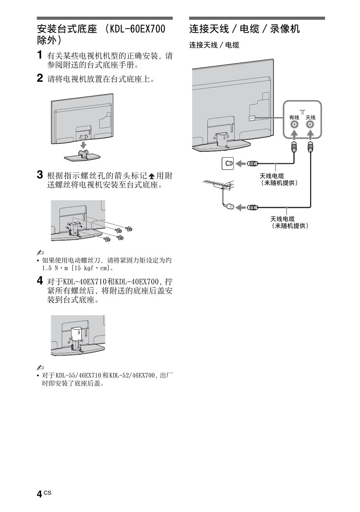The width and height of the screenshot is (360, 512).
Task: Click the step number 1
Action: pyautogui.click(x=40, y=55)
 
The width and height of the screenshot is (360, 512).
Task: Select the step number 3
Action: pyautogui.click(x=40, y=175)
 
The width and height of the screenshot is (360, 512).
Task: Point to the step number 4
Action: pyautogui.click(x=40, y=280)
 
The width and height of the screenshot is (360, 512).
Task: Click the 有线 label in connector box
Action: pyautogui.click(x=294, y=118)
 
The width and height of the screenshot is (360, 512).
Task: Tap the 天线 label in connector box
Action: pyautogui.click(x=310, y=118)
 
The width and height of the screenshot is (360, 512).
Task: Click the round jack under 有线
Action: pyautogui.click(x=294, y=125)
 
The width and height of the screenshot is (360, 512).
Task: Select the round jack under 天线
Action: pyautogui.click(x=310, y=125)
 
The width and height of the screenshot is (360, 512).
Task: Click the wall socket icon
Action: pyautogui.click(x=228, y=163)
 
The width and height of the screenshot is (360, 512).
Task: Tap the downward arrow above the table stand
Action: pyautogui.click(x=83, y=144)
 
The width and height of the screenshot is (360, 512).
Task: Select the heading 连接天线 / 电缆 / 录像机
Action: pyautogui.click(x=244, y=29)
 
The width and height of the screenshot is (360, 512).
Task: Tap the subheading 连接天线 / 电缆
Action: pyautogui.click(x=214, y=45)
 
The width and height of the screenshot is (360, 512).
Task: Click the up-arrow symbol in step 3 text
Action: pyautogui.click(x=152, y=176)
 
